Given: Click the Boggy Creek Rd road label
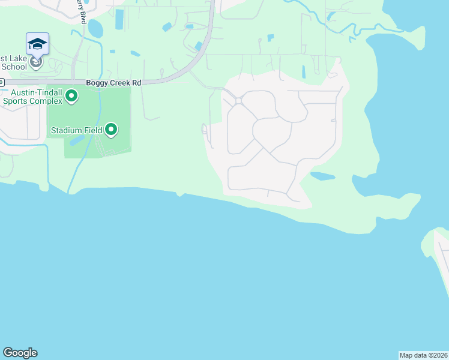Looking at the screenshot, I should (113, 83).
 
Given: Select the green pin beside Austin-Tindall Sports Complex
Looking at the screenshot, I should (71, 95).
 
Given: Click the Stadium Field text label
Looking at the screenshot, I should (76, 130).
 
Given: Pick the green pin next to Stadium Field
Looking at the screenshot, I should (111, 129).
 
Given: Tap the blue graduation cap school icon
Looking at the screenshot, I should (37, 44).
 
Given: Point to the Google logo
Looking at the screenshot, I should (20, 353).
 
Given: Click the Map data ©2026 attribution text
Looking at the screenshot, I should (423, 355).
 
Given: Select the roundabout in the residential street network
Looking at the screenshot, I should (238, 101).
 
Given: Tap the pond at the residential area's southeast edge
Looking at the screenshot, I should (322, 176).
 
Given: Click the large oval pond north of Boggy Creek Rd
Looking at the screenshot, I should (95, 28).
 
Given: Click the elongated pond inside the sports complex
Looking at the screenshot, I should (77, 140).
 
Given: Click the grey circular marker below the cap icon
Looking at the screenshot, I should (37, 62).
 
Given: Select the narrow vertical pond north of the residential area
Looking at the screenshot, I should (304, 71).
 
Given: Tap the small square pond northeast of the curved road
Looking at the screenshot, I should (271, 38).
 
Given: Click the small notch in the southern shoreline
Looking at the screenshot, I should (179, 194).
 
